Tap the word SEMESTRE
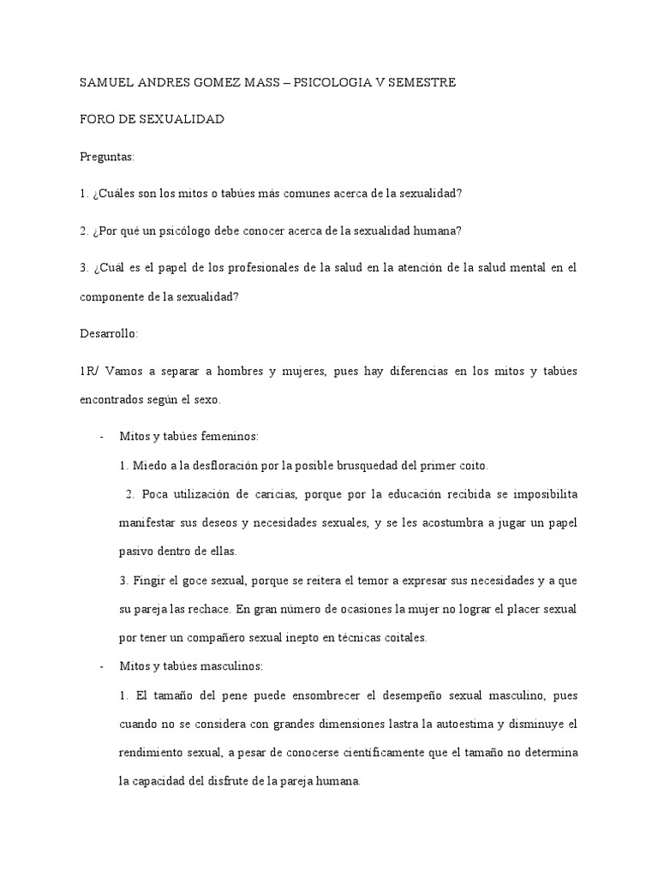click(x=419, y=83)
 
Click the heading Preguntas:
click(x=107, y=157)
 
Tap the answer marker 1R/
click(x=89, y=378)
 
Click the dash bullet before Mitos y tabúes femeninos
click(x=101, y=437)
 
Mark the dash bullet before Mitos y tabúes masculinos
click(x=101, y=665)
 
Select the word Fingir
click(x=150, y=581)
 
